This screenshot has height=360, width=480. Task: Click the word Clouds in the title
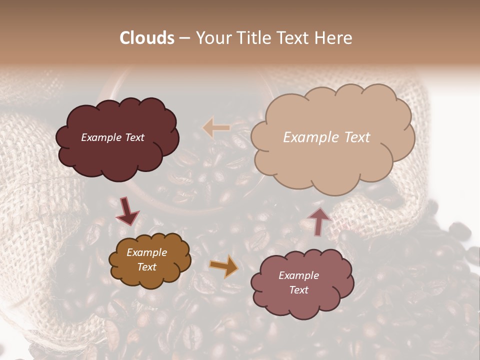tap(147, 38)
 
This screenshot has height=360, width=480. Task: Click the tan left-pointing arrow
tap(216, 128)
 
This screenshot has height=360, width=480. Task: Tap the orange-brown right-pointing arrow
tap(224, 266)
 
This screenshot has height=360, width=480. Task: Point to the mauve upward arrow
tap(319, 221)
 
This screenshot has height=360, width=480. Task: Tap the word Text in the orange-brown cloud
tap(146, 267)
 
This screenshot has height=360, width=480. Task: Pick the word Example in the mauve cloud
tap(298, 275)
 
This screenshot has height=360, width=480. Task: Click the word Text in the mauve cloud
tap(298, 290)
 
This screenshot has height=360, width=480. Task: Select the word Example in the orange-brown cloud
tap(146, 252)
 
